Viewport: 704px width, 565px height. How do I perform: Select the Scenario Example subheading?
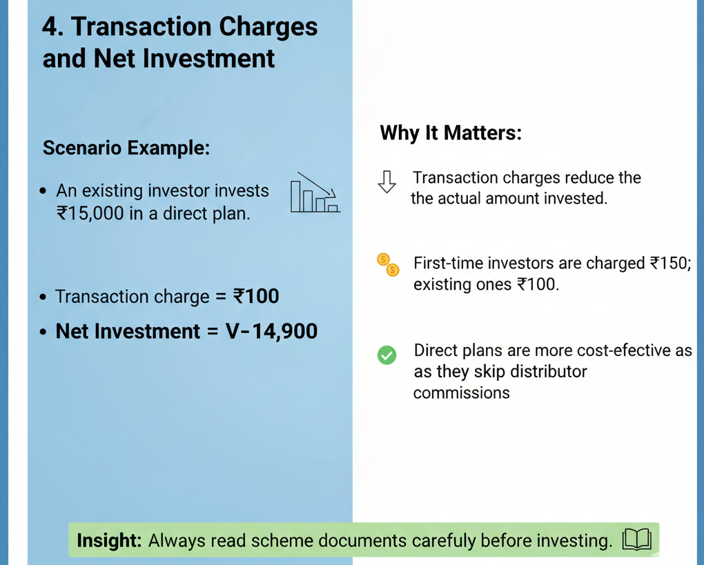(x=126, y=148)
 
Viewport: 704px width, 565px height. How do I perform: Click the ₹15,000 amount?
(x=90, y=213)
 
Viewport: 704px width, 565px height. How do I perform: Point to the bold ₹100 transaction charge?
(x=256, y=296)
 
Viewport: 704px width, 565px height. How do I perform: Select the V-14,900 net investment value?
(x=271, y=332)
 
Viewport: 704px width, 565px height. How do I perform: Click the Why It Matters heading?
(x=451, y=133)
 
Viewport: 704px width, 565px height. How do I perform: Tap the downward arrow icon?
(x=387, y=181)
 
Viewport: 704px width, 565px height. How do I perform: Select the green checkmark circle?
(x=387, y=355)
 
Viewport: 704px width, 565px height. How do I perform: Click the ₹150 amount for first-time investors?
(x=671, y=263)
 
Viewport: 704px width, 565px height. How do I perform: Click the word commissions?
(x=462, y=393)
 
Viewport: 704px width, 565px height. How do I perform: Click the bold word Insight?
(x=109, y=540)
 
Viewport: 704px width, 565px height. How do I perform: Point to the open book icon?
(x=636, y=539)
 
